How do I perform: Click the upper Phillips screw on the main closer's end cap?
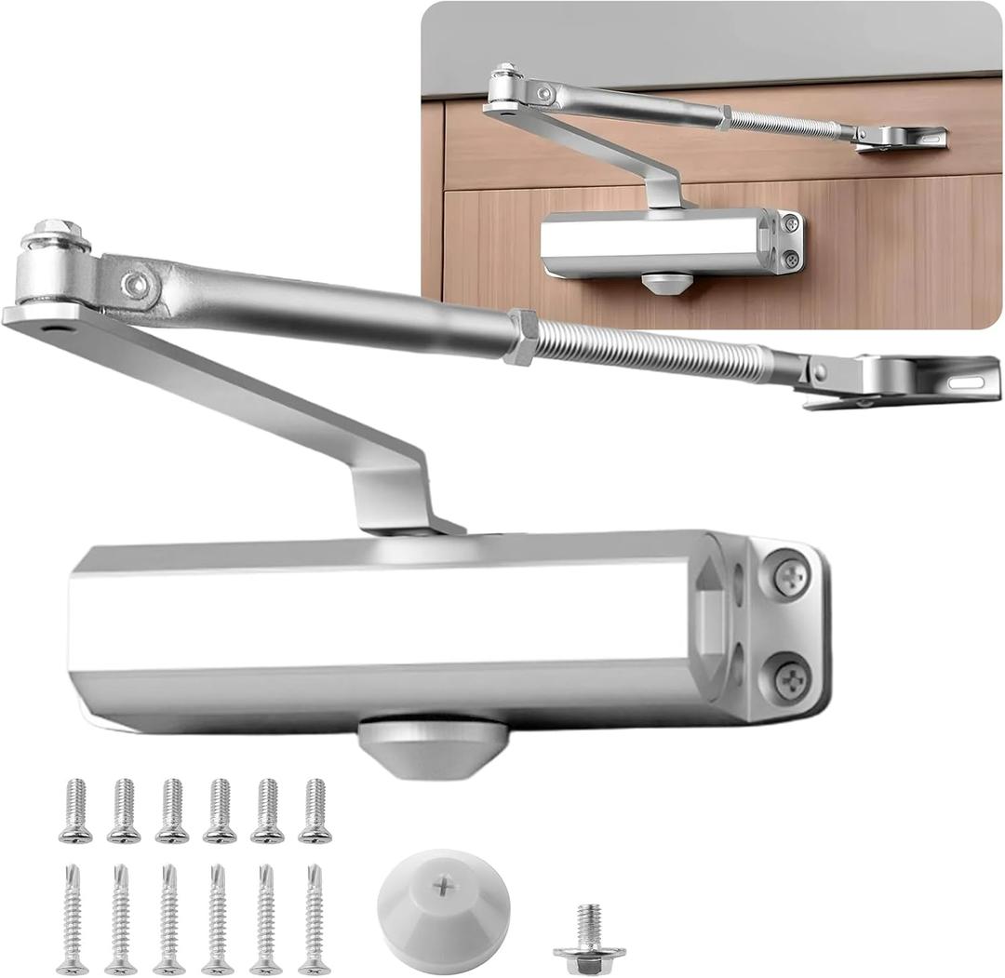(791, 577)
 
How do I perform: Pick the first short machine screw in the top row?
(74, 811)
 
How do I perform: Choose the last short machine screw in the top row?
(315, 811)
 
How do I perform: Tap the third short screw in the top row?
(171, 811)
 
